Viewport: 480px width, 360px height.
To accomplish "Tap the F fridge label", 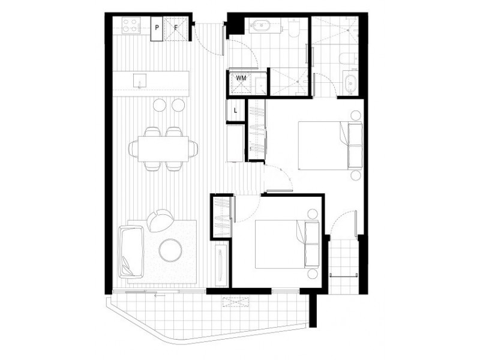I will click(x=176, y=28).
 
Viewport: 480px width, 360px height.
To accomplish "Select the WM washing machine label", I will click(x=241, y=78).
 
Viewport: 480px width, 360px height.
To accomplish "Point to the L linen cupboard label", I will click(x=235, y=110).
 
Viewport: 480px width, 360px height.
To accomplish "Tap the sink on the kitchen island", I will click(x=140, y=80).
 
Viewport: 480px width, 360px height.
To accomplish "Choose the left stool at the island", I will click(x=160, y=106).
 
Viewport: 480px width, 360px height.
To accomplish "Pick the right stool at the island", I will click(x=178, y=106).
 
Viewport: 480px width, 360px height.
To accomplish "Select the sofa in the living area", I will click(x=131, y=250).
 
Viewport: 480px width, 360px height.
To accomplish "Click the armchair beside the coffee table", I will click(x=159, y=220).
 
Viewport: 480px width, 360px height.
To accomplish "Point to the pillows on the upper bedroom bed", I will click(x=352, y=144).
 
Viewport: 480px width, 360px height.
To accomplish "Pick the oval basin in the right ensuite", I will click(x=350, y=82).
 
